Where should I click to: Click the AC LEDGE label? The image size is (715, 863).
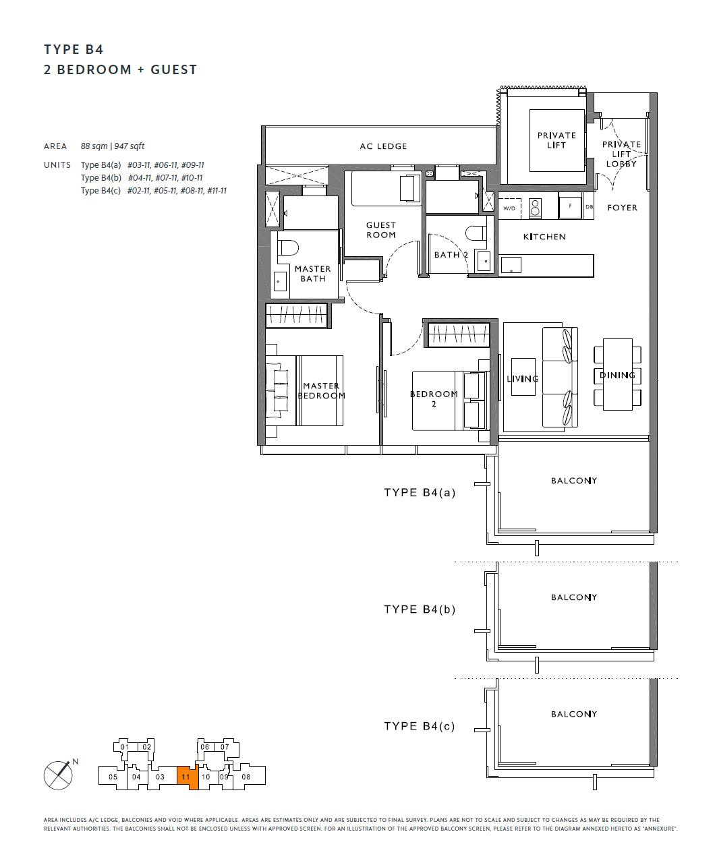[x=383, y=146]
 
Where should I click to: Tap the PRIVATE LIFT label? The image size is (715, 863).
[x=556, y=140]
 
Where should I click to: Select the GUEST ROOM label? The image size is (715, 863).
[x=381, y=230]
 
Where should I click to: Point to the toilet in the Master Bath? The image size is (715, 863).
[x=288, y=248]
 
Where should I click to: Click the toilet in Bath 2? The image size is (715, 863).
[x=476, y=233]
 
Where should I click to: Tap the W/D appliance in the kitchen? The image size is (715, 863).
[x=509, y=208]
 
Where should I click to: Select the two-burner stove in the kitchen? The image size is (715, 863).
[x=534, y=208]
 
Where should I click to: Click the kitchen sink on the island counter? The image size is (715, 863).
[x=511, y=265]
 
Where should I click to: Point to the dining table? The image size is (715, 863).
[x=617, y=374]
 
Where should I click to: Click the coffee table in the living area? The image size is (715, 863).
[x=523, y=377]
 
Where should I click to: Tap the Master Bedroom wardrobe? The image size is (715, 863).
[x=296, y=316]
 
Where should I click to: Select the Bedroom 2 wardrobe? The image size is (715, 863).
[x=459, y=334]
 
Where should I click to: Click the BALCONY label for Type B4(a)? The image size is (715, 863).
[x=573, y=481]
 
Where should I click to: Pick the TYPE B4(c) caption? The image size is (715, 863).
[x=420, y=726]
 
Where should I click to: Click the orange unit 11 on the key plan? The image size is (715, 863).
[x=188, y=777]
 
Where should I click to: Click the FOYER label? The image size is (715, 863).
[x=622, y=208]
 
